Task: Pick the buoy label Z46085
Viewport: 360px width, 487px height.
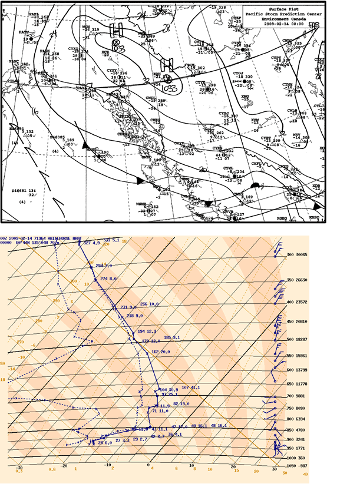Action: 57,137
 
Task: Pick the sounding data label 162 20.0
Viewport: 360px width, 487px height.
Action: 161,352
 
